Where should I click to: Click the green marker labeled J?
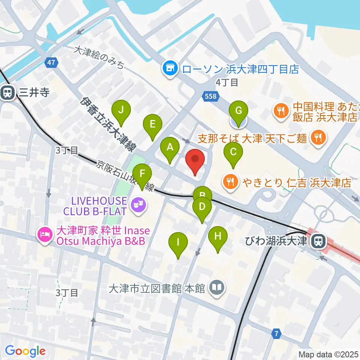point(121,111)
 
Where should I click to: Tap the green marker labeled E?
point(152,125)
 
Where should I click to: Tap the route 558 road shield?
point(211,97)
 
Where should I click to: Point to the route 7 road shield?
point(276,333)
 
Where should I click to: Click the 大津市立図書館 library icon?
point(217,288)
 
